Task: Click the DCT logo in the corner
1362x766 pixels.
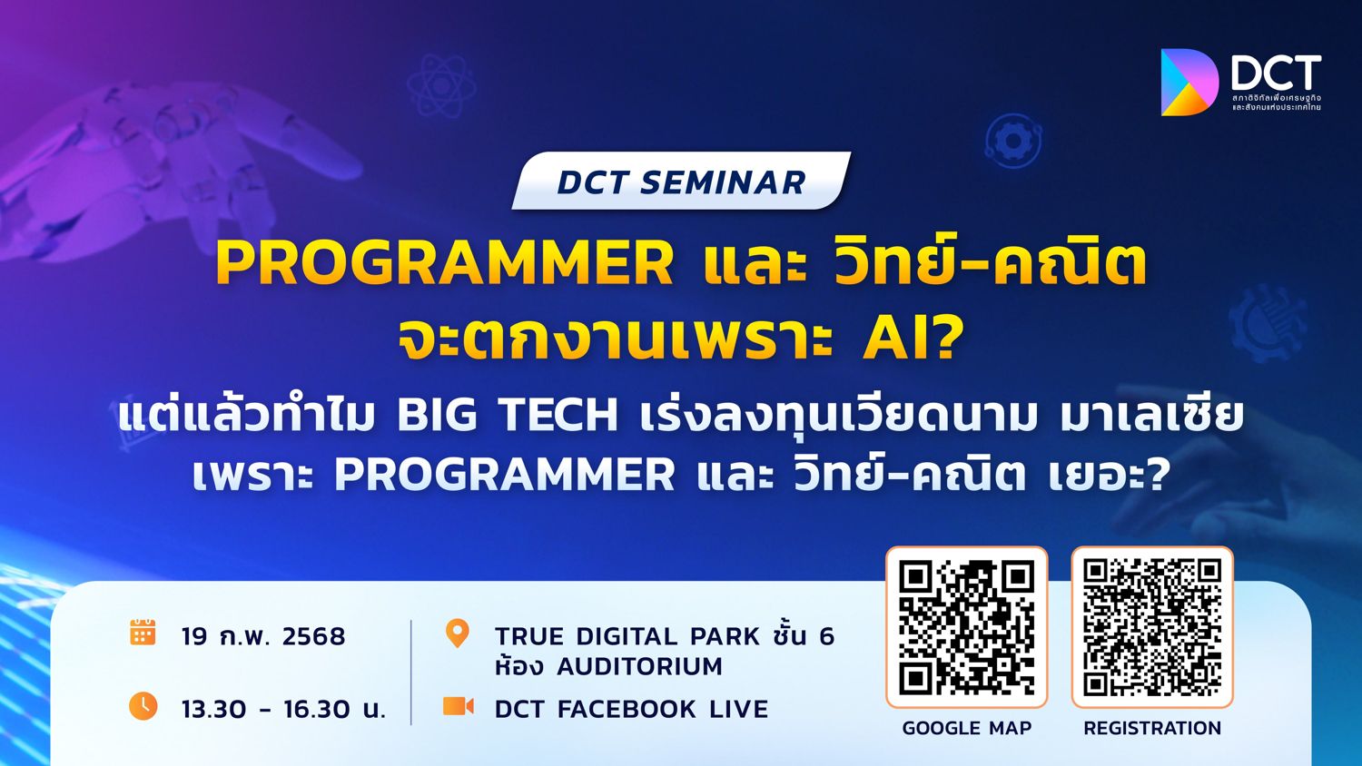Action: pos(1239,83)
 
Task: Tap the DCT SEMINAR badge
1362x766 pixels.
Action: pos(681,182)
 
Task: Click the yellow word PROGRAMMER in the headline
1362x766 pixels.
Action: pos(444,263)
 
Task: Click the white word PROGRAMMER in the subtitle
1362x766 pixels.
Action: pos(504,475)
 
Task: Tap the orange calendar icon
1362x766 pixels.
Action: pos(143,633)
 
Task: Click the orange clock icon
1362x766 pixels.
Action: pos(143,705)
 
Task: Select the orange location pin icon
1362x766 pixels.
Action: pos(458,633)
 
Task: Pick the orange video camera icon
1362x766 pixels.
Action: pos(458,705)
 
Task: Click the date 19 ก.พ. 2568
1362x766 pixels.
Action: pos(263,636)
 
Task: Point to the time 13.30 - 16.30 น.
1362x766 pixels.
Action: pos(283,709)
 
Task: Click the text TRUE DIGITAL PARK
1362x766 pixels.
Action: pos(627,636)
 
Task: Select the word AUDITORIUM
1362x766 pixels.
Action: pos(639,667)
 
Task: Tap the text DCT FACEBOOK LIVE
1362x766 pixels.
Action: pos(631,709)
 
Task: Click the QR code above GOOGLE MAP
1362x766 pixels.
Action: pos(966,627)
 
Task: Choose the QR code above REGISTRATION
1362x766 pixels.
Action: pos(1152,627)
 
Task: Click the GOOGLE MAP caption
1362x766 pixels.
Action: pos(966,728)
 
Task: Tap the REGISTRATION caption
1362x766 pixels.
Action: pos(1152,728)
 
